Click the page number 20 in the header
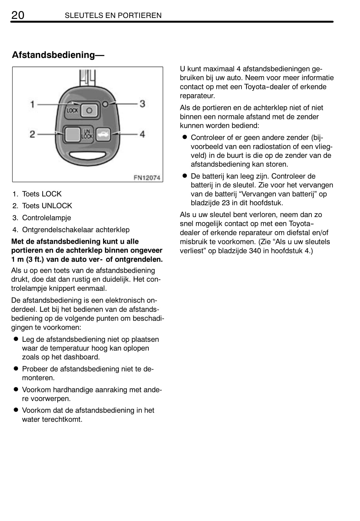click(18, 15)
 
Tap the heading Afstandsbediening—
click(58, 55)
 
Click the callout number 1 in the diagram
click(32, 104)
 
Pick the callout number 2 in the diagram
click(32, 135)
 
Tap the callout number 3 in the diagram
click(142, 104)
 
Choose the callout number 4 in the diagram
click(142, 135)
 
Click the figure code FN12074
click(147, 178)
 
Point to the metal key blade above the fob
click(87, 77)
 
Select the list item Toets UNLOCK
click(47, 206)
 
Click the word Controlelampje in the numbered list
click(47, 218)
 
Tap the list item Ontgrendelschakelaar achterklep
click(76, 230)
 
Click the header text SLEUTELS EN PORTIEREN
click(113, 15)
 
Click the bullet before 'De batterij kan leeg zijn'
click(185, 176)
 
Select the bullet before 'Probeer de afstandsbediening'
click(15, 369)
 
